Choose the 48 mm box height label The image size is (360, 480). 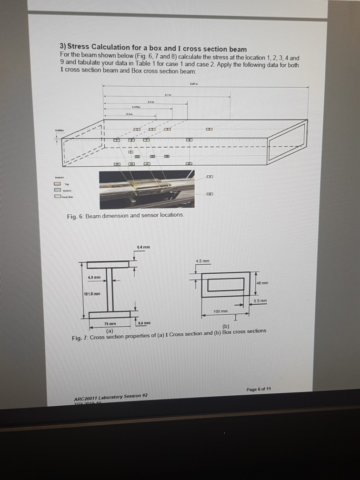tap(263, 283)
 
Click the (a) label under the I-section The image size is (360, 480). tap(110, 330)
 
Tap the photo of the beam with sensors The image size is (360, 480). tap(147, 189)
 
